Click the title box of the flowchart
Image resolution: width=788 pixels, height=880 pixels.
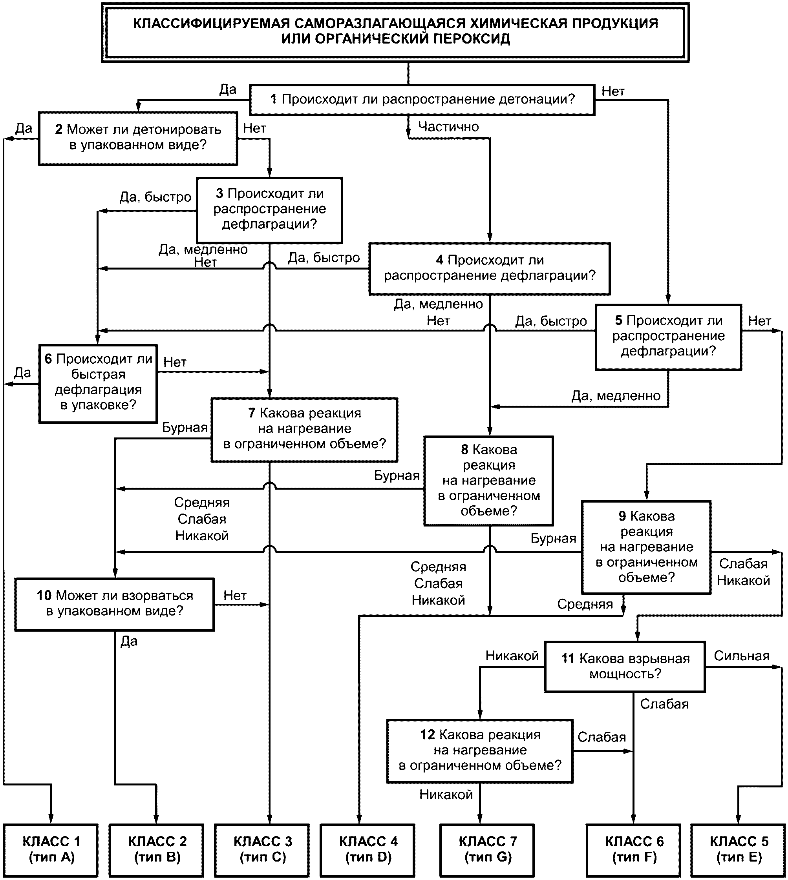395,33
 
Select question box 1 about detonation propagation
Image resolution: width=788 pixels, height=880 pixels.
422,100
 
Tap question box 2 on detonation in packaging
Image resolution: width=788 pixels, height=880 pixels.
138,138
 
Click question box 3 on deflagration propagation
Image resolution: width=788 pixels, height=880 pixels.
269,210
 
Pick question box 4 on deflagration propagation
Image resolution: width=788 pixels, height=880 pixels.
490,269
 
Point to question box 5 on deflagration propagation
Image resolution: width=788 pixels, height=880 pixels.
668,337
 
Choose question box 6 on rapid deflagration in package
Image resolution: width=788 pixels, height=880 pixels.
98,383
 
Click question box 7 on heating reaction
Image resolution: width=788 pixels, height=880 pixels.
304,430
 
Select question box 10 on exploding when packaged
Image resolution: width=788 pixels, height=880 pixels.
115,604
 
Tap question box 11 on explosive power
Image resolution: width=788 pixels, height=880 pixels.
625,666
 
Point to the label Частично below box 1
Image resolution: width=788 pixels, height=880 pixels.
448,126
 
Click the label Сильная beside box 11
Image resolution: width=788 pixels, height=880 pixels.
742,656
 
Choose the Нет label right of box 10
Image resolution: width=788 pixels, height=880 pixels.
235,595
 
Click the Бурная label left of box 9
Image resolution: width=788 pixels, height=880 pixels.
553,538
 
